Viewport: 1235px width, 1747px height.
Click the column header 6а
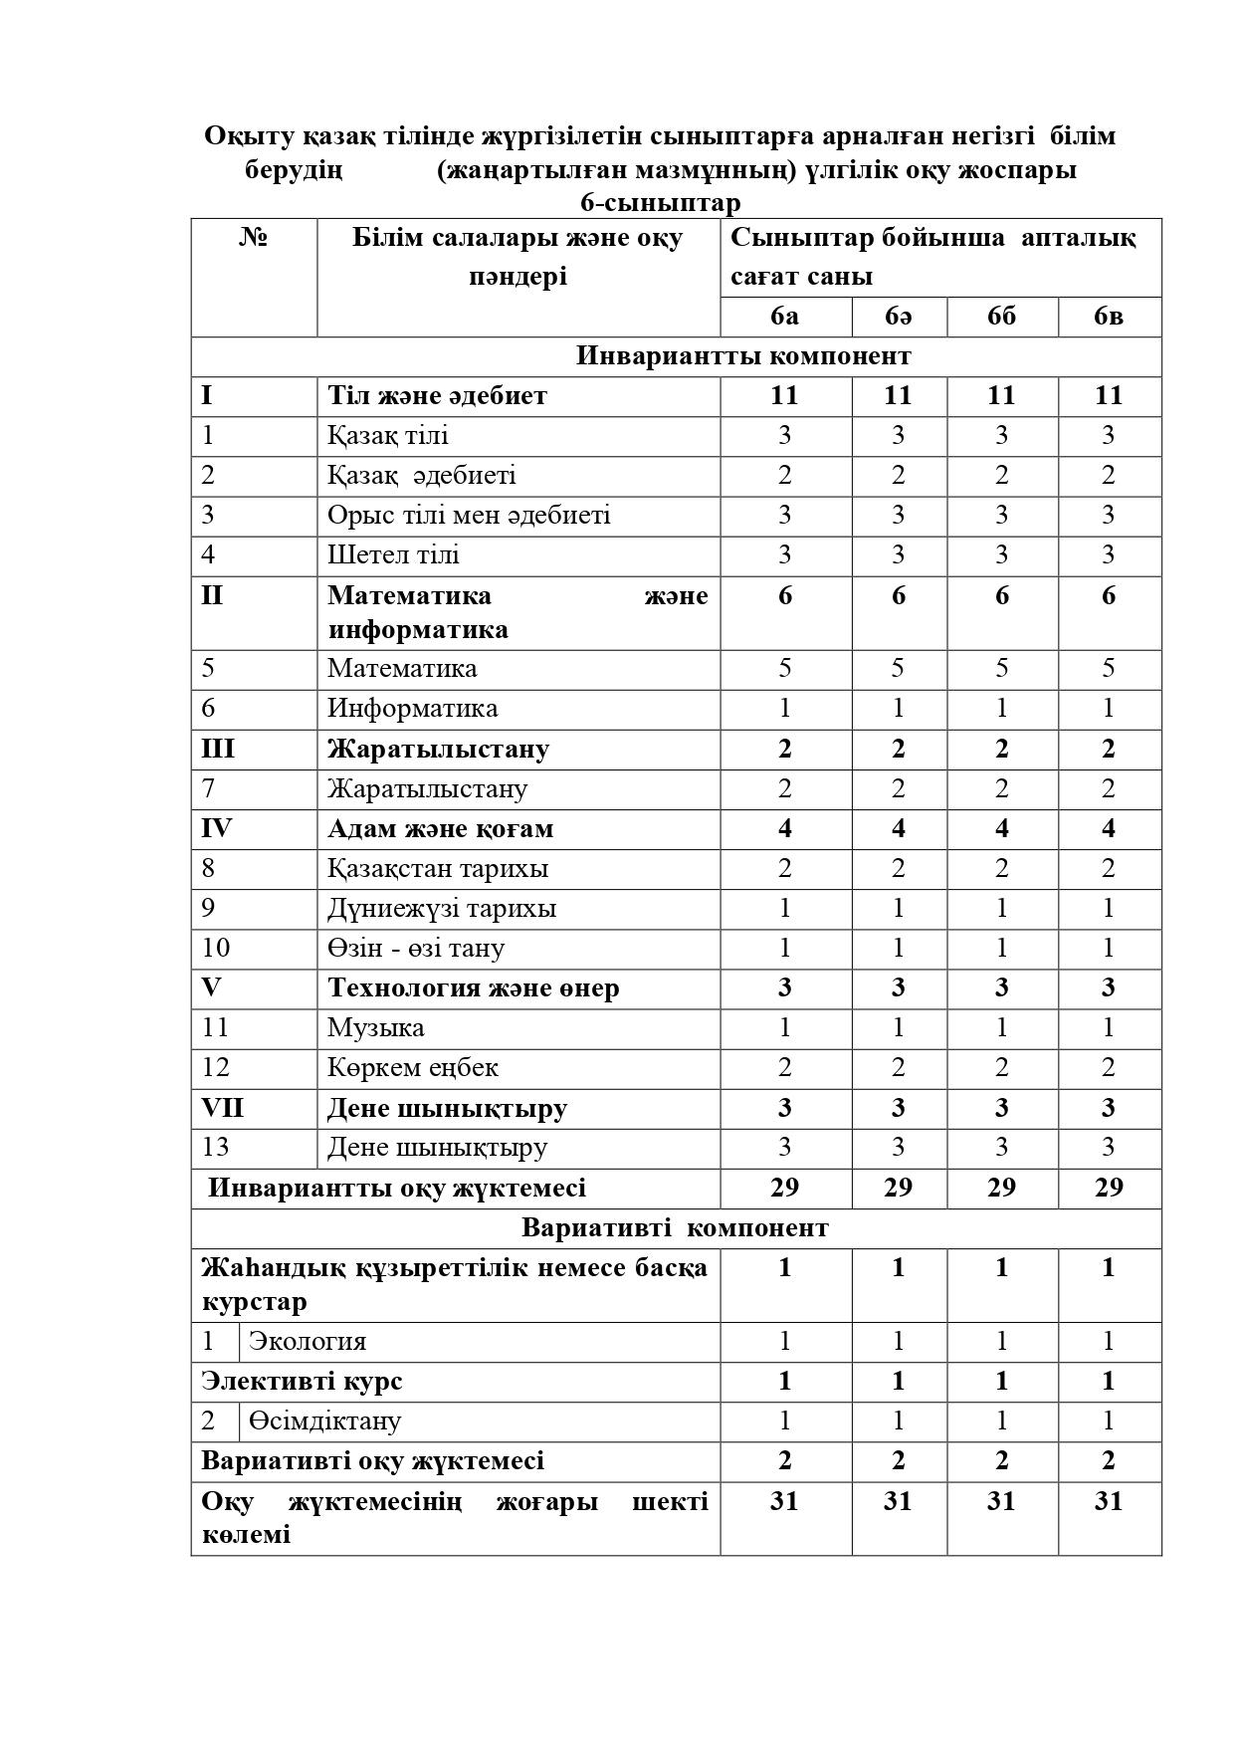coord(784,317)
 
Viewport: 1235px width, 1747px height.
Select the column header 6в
coord(1109,317)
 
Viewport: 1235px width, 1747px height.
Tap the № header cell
coord(254,238)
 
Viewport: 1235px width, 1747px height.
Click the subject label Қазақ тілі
coord(388,436)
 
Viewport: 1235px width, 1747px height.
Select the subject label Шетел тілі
coord(393,555)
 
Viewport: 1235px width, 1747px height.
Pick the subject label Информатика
coord(412,709)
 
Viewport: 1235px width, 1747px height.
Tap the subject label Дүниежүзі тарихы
coord(442,908)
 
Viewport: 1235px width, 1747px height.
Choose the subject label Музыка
coord(375,1027)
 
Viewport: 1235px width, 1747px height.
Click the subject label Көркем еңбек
coord(412,1067)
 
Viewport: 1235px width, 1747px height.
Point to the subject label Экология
coord(308,1342)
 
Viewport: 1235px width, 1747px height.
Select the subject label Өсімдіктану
coord(324,1421)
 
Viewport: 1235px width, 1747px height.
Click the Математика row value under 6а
coord(784,668)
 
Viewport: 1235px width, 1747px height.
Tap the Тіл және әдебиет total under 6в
coord(1109,395)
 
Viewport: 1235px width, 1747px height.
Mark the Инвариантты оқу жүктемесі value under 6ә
coord(898,1188)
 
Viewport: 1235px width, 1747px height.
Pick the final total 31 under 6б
coord(1001,1501)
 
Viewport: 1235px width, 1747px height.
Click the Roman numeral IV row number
coord(216,828)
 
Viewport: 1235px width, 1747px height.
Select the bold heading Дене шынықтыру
coord(447,1108)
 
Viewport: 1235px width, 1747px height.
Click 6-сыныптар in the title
coord(661,203)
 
